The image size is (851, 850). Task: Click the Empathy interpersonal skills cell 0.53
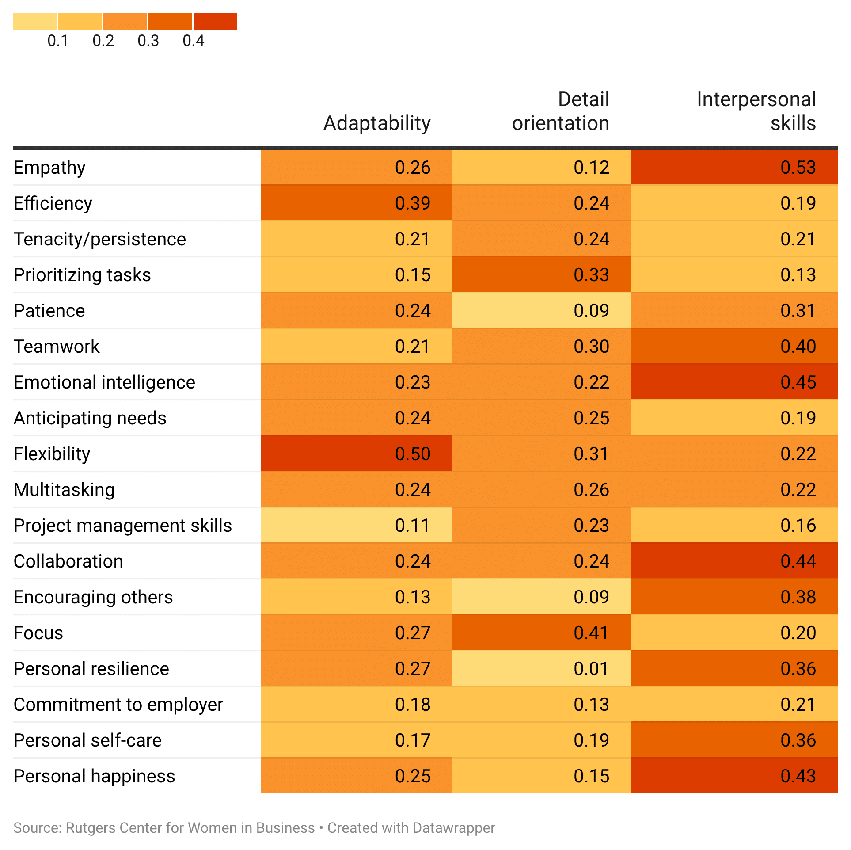click(798, 168)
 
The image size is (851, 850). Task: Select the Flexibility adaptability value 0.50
click(412, 454)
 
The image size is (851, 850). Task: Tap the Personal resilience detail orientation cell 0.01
click(591, 669)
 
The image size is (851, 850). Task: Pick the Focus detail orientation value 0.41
click(591, 633)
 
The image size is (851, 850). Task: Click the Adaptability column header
click(376, 123)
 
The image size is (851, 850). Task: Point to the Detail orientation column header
click(560, 111)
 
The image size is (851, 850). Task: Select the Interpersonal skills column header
click(756, 111)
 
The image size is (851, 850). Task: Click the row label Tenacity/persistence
click(100, 239)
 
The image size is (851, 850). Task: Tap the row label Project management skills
click(122, 526)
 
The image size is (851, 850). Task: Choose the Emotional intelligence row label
click(104, 382)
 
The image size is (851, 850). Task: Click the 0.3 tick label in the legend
click(148, 41)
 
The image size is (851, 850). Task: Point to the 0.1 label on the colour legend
click(58, 41)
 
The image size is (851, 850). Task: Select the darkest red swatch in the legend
click(215, 22)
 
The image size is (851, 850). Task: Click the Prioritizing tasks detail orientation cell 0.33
click(591, 275)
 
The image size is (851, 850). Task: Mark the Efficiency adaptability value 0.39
click(412, 203)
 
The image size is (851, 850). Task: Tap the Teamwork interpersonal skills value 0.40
click(798, 347)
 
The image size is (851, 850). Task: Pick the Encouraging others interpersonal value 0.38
click(798, 597)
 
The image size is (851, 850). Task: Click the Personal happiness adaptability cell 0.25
click(412, 776)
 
